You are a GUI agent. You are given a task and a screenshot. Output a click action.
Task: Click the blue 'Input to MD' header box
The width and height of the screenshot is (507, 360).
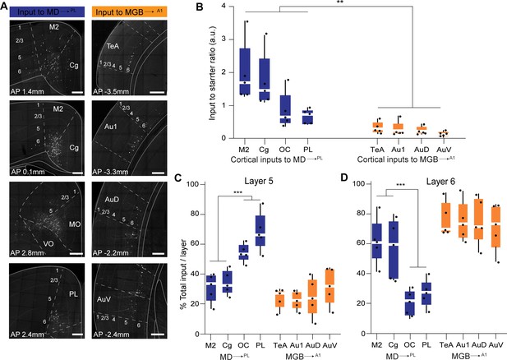47,12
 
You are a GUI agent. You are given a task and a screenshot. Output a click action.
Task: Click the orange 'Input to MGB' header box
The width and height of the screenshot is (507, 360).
129,12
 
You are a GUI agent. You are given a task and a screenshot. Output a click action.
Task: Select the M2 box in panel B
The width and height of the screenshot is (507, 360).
245,72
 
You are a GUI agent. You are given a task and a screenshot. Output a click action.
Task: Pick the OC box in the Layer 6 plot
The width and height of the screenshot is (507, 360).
410,303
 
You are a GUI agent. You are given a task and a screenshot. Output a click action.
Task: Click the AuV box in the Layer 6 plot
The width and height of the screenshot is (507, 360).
495,227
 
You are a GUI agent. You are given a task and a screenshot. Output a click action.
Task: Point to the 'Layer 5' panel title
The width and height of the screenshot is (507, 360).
258,181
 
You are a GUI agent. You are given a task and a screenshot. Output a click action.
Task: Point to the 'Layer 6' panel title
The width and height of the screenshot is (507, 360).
440,182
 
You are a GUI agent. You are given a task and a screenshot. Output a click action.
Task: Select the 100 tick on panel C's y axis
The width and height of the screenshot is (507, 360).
193,184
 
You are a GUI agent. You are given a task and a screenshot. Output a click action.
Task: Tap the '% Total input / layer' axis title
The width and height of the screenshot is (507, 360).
184,274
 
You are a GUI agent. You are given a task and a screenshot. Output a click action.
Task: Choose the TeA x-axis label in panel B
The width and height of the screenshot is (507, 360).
377,150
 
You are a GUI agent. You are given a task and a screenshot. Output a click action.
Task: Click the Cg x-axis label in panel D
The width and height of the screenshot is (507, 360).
393,345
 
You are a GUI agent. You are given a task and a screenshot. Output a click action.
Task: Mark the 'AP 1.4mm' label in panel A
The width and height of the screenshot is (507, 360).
27,91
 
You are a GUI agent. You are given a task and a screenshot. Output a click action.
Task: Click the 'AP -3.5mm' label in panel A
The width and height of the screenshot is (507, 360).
111,91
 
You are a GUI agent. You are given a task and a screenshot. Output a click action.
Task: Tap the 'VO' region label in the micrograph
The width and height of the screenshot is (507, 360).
48,243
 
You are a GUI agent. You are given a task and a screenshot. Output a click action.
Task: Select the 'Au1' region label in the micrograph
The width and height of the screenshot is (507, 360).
111,127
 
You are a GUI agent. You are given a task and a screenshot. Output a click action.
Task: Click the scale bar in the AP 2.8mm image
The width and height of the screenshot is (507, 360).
76,254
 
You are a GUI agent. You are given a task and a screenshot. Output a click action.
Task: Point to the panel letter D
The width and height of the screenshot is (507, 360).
345,178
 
